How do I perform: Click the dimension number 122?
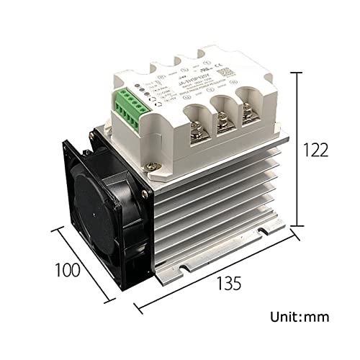point(316,150)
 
